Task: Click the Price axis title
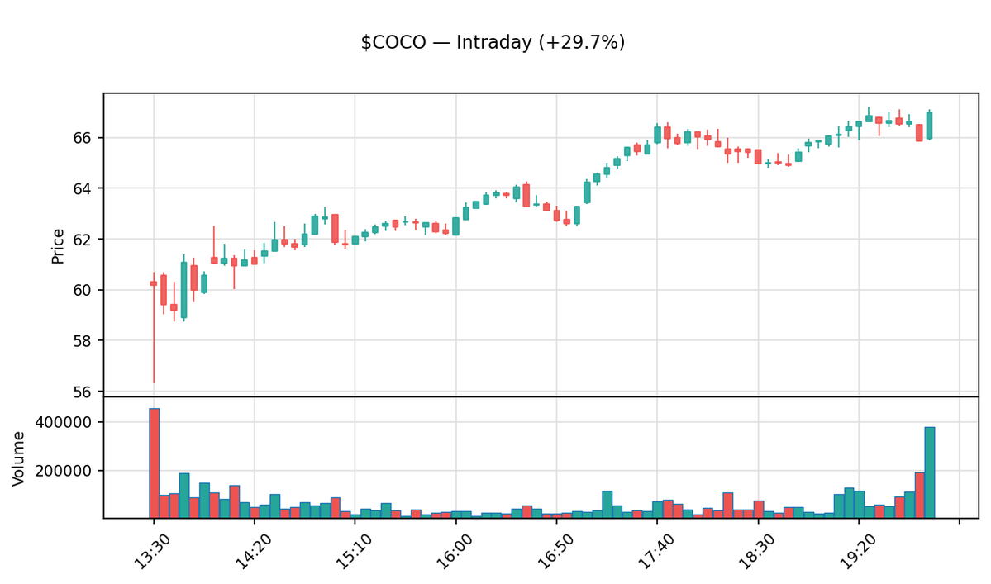[x=58, y=245]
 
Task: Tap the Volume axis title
[x=19, y=458]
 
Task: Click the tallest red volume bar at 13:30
[x=154, y=463]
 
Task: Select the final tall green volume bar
[x=930, y=472]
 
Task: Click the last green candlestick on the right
[x=930, y=126]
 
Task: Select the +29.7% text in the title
[x=584, y=43]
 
